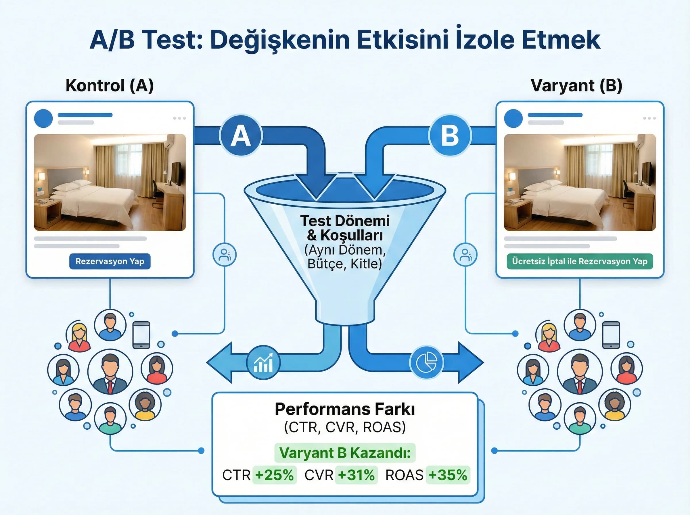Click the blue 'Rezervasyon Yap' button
[110, 261]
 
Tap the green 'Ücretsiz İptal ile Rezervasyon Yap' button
[580, 261]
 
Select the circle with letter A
[240, 136]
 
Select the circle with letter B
[450, 136]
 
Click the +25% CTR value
[274, 475]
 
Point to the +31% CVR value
[356, 475]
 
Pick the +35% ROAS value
[448, 475]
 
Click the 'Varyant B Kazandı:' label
[345, 453]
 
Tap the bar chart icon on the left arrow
[263, 362]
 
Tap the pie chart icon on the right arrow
[426, 362]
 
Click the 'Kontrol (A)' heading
[110, 85]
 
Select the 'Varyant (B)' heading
[576, 85]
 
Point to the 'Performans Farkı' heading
[345, 409]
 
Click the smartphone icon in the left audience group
[141, 335]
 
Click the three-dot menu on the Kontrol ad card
[179, 118]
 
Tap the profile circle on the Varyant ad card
[513, 118]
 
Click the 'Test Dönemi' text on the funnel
[345, 221]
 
